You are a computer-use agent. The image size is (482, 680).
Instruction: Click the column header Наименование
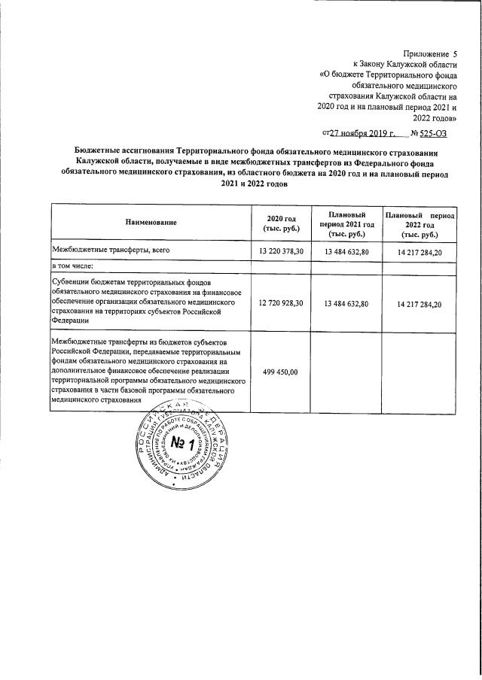click(x=151, y=222)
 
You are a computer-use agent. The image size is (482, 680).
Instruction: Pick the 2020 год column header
click(x=278, y=222)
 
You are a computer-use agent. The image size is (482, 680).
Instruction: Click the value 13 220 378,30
click(x=280, y=250)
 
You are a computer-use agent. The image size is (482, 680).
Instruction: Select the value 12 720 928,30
click(x=280, y=303)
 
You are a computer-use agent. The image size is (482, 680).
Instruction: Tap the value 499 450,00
click(x=280, y=372)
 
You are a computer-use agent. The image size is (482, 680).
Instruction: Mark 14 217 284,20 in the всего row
click(x=419, y=250)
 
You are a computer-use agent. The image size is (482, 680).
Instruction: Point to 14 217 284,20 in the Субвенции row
click(x=419, y=303)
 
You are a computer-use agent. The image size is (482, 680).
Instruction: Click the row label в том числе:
click(x=72, y=266)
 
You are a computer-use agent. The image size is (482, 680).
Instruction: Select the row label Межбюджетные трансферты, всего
click(x=110, y=250)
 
